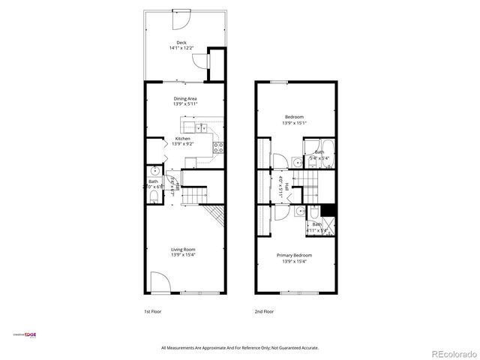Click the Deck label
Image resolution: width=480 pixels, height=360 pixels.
181,42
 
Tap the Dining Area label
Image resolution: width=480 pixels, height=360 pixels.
185,98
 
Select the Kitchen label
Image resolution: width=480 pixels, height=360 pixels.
183,138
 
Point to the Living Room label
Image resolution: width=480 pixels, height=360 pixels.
183,249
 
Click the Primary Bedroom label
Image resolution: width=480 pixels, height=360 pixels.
297,255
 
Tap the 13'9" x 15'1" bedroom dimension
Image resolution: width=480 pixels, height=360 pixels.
294,123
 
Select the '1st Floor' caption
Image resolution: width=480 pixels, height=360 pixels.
153,310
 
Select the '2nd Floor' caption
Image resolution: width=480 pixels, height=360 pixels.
263,310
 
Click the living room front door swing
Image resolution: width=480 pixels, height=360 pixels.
159,283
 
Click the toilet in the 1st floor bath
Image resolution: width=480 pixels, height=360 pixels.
153,197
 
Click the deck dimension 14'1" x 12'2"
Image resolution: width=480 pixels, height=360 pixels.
181,49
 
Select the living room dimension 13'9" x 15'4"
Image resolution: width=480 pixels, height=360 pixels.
183,256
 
